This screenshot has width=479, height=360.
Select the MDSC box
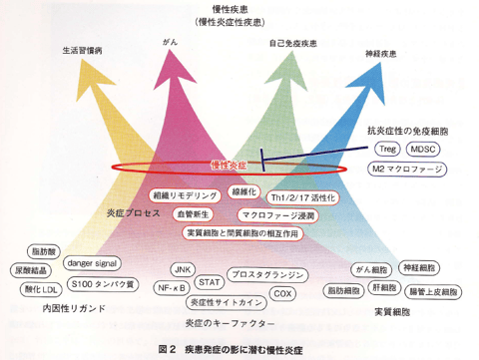[x=428, y=149]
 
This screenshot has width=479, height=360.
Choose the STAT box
[x=211, y=281]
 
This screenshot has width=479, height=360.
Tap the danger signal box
[x=94, y=263]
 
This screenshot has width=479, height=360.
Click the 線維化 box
[x=242, y=190]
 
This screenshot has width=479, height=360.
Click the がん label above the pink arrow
[x=168, y=43]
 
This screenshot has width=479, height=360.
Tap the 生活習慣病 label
[x=82, y=47]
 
